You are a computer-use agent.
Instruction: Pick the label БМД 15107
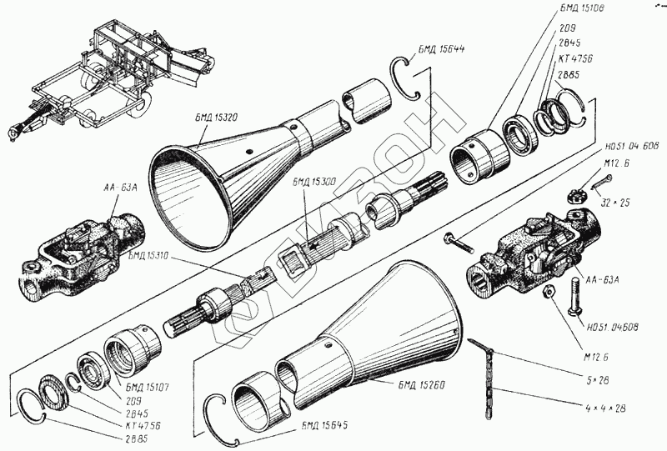coord(147,386)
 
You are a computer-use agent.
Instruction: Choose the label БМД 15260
coord(414,384)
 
